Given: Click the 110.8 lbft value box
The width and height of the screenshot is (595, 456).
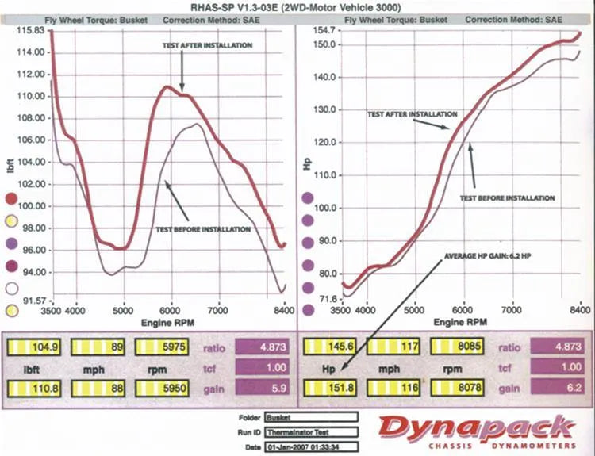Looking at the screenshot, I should [x=38, y=390].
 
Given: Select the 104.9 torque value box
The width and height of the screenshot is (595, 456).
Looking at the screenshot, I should [x=38, y=347].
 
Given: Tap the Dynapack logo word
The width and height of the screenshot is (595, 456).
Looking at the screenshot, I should [x=476, y=427].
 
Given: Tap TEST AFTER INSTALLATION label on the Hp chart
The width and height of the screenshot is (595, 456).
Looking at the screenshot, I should [x=412, y=114].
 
